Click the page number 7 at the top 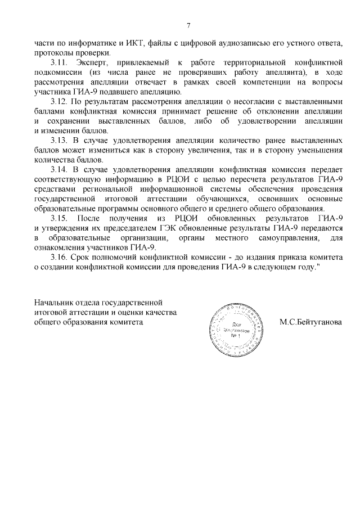coord(188,25)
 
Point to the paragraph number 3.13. coord(60,139)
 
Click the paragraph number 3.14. coord(60,169)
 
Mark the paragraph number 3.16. coord(60,255)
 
